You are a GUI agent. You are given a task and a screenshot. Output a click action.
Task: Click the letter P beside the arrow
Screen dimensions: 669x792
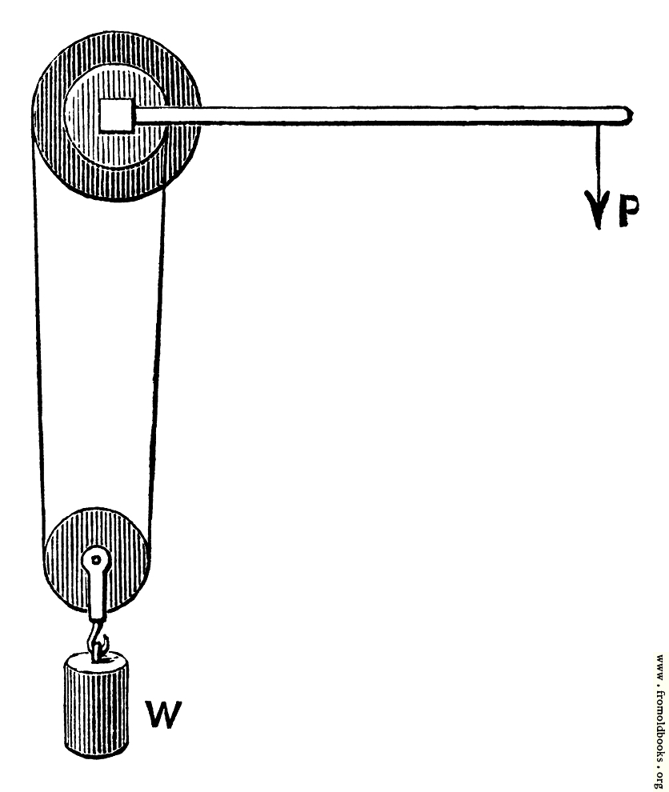[628, 208]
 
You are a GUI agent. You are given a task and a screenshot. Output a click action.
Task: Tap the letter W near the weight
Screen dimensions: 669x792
[163, 714]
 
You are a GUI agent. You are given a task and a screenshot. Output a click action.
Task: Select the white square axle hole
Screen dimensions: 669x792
[116, 115]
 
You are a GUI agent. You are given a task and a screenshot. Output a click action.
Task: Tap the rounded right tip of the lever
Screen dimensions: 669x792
[628, 115]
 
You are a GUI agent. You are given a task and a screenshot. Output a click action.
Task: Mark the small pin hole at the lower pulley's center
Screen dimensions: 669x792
[95, 558]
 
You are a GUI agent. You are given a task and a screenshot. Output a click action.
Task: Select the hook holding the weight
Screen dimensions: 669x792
[97, 639]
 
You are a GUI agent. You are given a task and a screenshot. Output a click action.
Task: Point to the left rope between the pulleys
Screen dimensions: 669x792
[38, 354]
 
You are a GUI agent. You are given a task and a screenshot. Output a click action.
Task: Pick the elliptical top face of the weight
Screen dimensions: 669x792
[96, 659]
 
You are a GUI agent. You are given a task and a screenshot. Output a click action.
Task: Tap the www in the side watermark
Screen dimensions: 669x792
[660, 665]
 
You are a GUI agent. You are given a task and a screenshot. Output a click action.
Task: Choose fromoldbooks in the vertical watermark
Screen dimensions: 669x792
[660, 718]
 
